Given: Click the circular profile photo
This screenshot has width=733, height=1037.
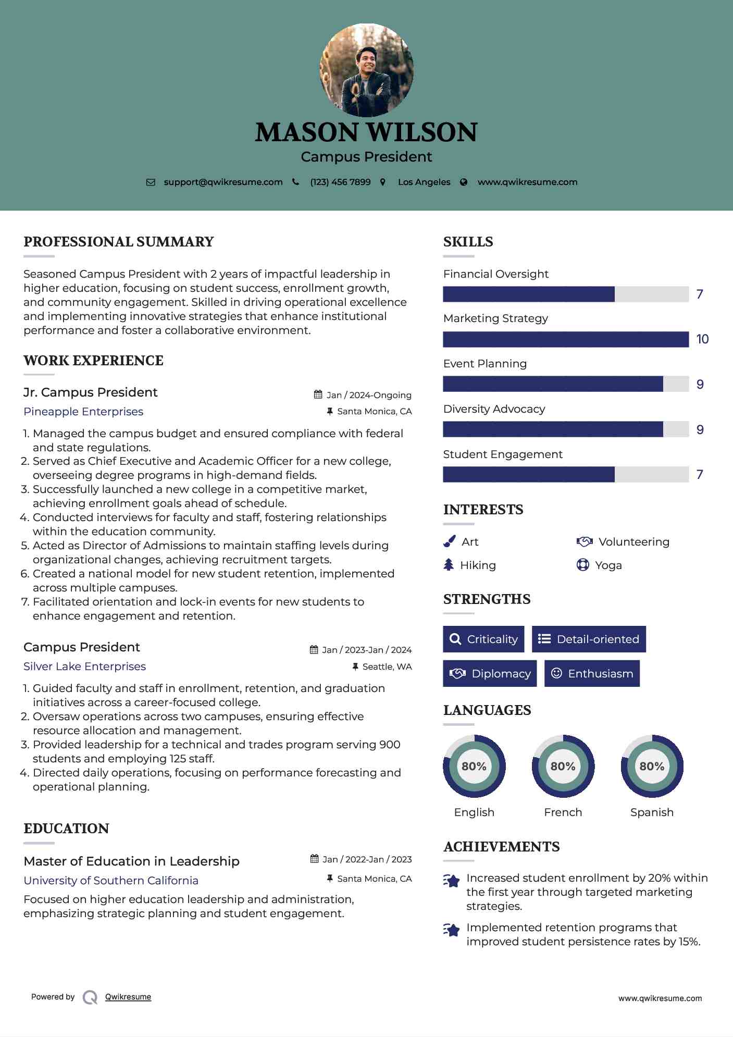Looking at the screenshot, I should [366, 70].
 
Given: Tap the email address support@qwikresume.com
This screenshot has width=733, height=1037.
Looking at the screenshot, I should [223, 182].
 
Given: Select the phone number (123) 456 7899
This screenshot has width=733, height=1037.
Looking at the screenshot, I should [340, 182].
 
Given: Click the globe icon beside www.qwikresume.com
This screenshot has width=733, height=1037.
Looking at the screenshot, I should [464, 182].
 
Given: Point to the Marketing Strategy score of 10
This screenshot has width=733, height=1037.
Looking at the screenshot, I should [702, 339].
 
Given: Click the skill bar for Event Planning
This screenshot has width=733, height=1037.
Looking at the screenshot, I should [565, 384].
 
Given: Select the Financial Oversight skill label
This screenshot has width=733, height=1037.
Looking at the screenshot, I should [495, 274].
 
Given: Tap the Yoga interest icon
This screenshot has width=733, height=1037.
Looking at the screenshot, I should [582, 565].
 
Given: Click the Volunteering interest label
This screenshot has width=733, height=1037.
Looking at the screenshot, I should [633, 542].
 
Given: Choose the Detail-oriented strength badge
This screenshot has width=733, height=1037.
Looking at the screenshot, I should [589, 639].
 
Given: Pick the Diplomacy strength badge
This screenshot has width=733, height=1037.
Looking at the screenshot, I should [490, 673].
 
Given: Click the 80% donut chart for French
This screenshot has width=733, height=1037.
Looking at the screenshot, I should [563, 766].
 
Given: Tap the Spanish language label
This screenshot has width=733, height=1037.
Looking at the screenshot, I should [652, 812].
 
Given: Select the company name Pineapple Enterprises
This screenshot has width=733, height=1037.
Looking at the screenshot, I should [83, 412].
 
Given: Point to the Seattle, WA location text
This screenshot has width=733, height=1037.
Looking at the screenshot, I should [387, 666].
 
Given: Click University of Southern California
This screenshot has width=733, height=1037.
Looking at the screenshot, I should [111, 880].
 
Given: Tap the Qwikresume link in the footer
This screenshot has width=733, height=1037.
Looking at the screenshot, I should [128, 997].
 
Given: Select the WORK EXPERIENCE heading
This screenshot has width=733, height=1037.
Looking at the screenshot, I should [93, 361].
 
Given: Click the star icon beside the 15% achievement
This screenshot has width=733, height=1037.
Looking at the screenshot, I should [452, 930].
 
